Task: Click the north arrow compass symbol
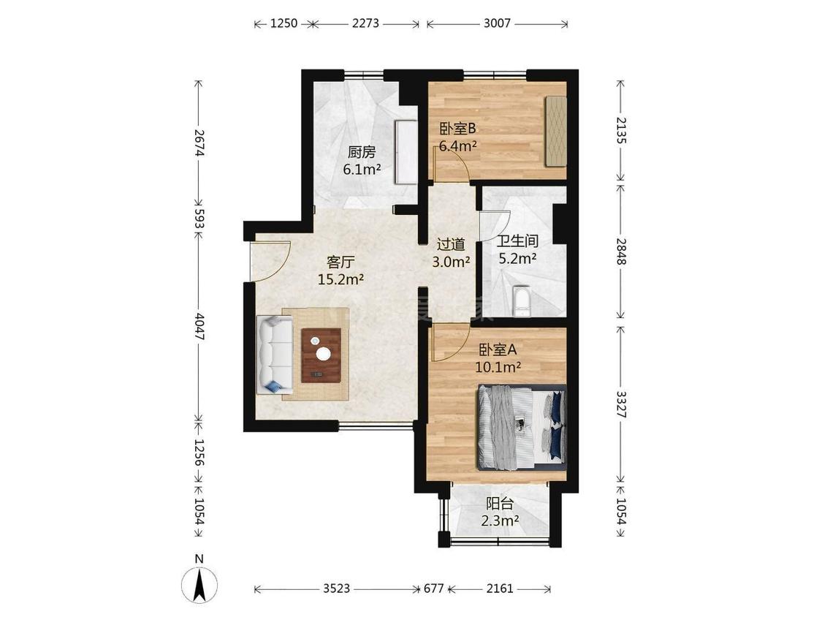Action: (x=199, y=584)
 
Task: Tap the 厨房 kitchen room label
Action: (x=362, y=153)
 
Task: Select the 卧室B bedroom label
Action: (x=457, y=129)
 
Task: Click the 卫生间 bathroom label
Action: (x=517, y=241)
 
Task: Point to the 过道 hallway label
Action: (x=451, y=244)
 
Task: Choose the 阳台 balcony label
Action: (x=500, y=504)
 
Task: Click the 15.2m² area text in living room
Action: (x=340, y=280)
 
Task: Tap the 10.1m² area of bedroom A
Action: (x=498, y=367)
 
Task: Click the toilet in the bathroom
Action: (x=522, y=301)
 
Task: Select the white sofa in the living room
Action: (x=275, y=355)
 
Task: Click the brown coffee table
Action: (x=321, y=355)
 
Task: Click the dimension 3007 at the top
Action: (x=497, y=23)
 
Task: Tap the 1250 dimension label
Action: (x=283, y=23)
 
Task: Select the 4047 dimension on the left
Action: (x=199, y=326)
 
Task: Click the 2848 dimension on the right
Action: (x=620, y=251)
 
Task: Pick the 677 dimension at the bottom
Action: (x=433, y=588)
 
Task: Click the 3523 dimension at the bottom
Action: (x=336, y=588)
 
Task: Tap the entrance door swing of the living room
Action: (x=270, y=261)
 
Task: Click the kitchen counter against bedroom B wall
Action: (x=406, y=152)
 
